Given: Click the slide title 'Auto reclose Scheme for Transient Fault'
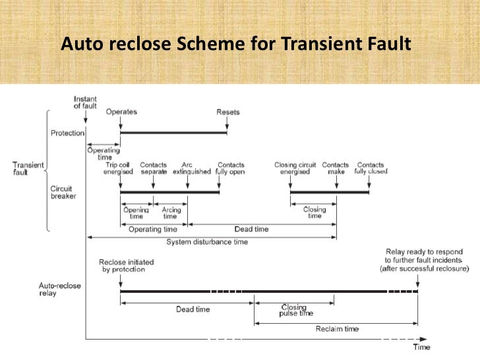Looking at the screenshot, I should (235, 44).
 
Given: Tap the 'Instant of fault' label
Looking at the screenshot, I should (85, 103).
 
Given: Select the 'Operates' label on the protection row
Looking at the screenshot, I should (121, 111).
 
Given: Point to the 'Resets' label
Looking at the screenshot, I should (227, 111).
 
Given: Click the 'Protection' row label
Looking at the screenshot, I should (67, 133).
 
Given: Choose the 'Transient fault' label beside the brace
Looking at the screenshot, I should (28, 168).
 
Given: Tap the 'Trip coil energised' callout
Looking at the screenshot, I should (120, 168).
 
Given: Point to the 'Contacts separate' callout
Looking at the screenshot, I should (154, 168).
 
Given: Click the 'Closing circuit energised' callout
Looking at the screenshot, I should (295, 168).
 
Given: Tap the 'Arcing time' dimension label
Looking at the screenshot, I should (170, 213).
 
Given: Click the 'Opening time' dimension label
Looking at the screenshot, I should (136, 213).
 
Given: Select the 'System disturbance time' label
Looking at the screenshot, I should (207, 242).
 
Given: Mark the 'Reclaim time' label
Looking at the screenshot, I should (337, 328).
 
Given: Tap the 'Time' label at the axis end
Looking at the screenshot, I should (422, 347).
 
